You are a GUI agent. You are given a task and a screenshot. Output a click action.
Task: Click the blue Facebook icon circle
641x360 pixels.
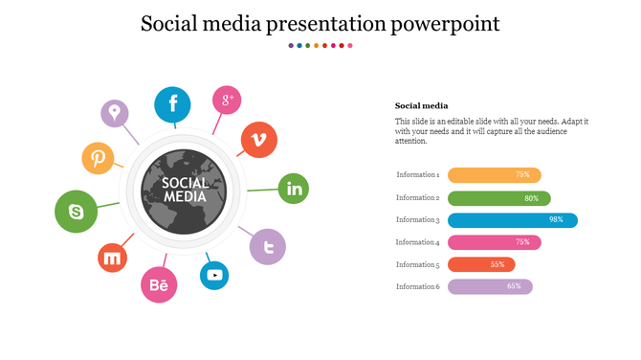point(173,104)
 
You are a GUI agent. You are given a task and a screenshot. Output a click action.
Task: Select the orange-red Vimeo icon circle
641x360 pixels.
point(258,140)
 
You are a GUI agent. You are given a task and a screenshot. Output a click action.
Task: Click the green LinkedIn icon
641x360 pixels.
point(294,190)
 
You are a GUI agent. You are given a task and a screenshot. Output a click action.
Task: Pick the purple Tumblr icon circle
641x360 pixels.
point(268,246)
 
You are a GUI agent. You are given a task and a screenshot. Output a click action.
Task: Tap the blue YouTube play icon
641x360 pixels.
point(214,276)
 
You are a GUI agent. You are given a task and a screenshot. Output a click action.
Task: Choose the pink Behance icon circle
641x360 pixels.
point(159,285)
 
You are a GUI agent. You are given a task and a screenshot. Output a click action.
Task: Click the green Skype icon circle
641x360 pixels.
point(76,212)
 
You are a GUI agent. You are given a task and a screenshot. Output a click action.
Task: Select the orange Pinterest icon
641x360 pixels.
point(98,158)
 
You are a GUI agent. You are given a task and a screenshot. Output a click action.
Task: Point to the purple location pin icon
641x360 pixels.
point(115,114)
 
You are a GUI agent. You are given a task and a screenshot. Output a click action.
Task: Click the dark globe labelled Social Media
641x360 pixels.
point(185,191)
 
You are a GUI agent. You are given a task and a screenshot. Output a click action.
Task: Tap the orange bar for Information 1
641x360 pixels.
point(494,175)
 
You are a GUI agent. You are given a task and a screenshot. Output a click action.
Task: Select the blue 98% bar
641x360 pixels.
point(513,220)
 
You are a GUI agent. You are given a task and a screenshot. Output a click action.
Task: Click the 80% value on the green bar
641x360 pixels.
point(531,198)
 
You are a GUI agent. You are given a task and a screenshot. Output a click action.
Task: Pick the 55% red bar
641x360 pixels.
point(481,264)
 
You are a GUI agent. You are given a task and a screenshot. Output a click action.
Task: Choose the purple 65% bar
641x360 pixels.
point(490,286)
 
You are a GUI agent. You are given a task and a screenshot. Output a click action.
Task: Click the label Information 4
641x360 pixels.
point(417,242)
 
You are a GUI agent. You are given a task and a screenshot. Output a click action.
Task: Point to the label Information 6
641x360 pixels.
point(417,286)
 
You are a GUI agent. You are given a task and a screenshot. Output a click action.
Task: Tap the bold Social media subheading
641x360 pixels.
point(415,105)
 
